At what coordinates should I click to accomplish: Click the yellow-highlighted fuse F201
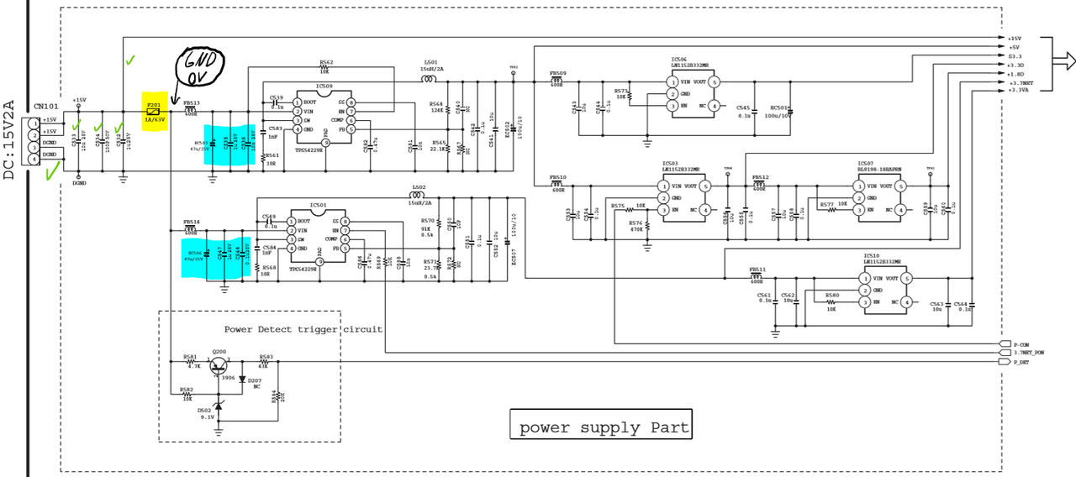point(154,108)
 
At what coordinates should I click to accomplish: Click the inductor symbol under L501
point(429,81)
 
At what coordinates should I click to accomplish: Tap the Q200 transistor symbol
point(219,364)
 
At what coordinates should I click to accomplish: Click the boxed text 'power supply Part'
point(601,427)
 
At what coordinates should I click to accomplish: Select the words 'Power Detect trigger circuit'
point(303,329)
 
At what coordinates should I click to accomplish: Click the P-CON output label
point(1021,344)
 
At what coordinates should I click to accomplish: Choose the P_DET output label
point(1021,362)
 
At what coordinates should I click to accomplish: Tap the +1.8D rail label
point(1015,73)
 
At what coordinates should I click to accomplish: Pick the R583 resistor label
point(266,356)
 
